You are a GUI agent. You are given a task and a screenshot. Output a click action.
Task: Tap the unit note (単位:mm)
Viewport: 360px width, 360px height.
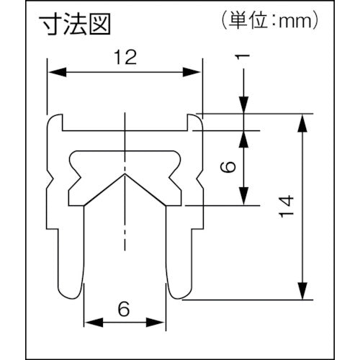[266, 22]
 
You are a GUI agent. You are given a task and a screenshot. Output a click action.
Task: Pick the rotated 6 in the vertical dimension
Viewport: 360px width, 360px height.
[228, 167]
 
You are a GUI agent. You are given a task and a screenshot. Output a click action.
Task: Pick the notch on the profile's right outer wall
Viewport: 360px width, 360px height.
[197, 175]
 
